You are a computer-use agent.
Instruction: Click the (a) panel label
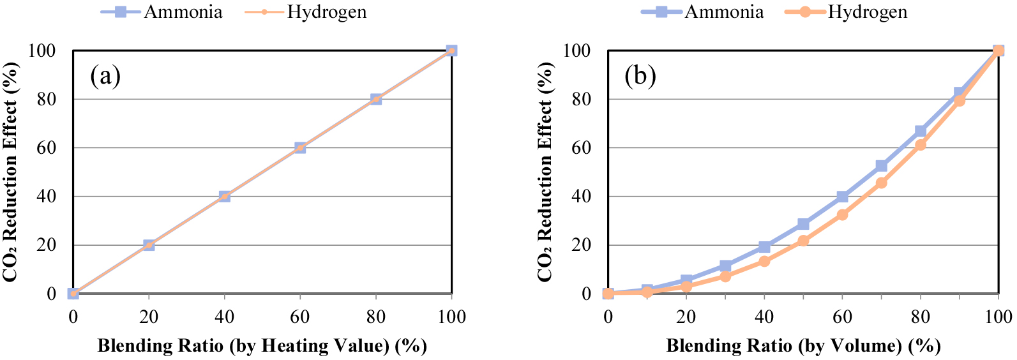coord(105,76)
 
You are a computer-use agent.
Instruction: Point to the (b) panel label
coord(640,76)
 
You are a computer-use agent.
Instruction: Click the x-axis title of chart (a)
coord(262,346)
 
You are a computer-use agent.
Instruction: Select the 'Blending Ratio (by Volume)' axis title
coord(803,346)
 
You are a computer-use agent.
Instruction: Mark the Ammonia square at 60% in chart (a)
coord(300,147)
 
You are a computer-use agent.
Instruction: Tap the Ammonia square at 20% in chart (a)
coord(149,245)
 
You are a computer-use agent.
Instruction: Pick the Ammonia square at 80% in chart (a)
coord(376,99)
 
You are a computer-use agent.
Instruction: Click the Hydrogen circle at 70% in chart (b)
coord(881,183)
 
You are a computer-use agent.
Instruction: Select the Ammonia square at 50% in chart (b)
coord(803,224)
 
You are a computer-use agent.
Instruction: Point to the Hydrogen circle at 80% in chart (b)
coord(920,145)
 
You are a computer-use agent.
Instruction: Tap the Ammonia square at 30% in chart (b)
coord(725,266)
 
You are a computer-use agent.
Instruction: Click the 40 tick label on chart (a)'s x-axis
coord(224,317)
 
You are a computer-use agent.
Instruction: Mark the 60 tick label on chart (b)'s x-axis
coord(842,317)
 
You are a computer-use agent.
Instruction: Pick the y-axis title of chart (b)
coord(545,172)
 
